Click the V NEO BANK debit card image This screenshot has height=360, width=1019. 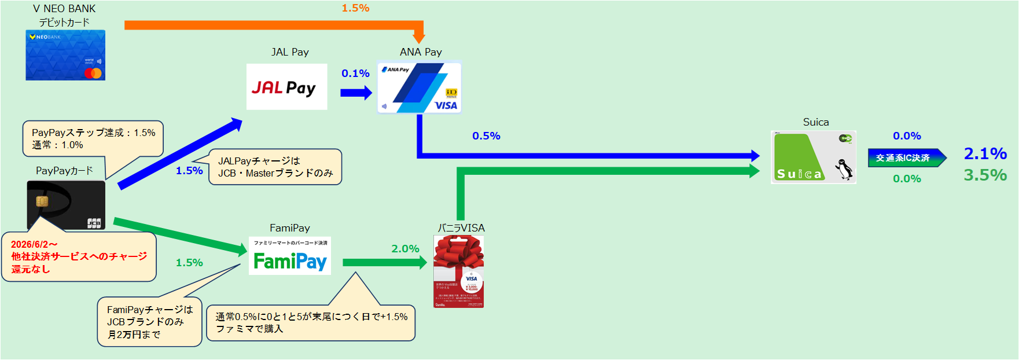65,55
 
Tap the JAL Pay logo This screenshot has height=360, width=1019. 286,87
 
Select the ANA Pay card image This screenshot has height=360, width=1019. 420,87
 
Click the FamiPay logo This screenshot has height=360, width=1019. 290,256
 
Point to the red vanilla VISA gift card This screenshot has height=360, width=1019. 459,271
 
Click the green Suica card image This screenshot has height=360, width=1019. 813,157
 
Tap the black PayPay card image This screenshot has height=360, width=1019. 66,204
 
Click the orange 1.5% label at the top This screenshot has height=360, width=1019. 355,8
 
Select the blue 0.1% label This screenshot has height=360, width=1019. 355,74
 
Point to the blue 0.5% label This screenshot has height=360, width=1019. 486,136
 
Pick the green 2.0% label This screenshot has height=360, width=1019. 405,249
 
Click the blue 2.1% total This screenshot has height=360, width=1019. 985,153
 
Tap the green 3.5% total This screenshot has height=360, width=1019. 985,175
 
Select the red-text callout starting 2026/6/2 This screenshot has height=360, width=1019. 79,257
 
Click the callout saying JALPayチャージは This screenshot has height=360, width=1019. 275,167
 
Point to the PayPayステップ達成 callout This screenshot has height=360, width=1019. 93,138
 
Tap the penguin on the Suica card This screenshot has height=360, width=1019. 844,170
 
